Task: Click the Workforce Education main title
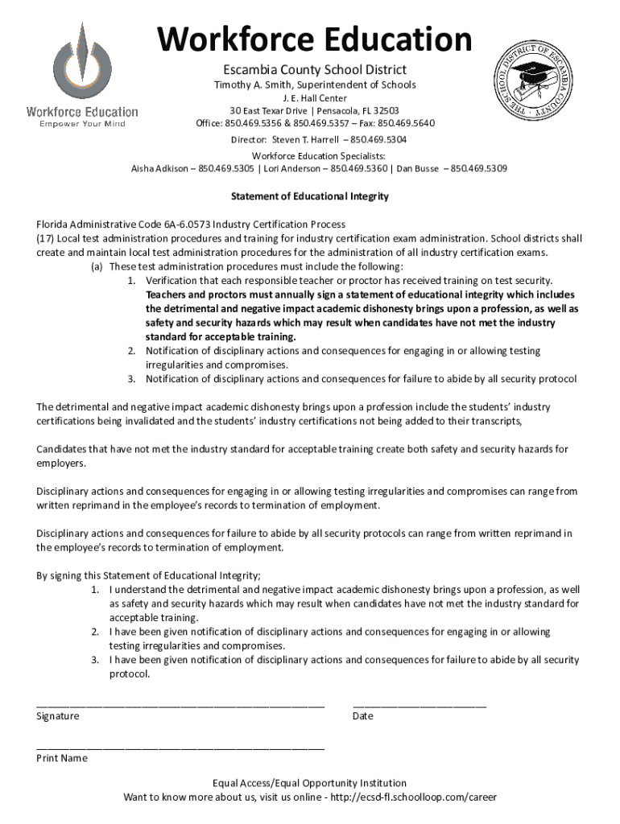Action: pos(314,39)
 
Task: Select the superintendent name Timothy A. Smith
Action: pos(249,84)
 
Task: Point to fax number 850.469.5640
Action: pos(406,123)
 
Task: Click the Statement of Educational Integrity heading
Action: pos(310,196)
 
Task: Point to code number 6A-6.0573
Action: pos(168,225)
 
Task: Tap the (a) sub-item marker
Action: pos(97,267)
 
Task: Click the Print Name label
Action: pos(62,758)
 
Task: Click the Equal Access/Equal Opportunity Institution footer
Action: pos(310,783)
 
